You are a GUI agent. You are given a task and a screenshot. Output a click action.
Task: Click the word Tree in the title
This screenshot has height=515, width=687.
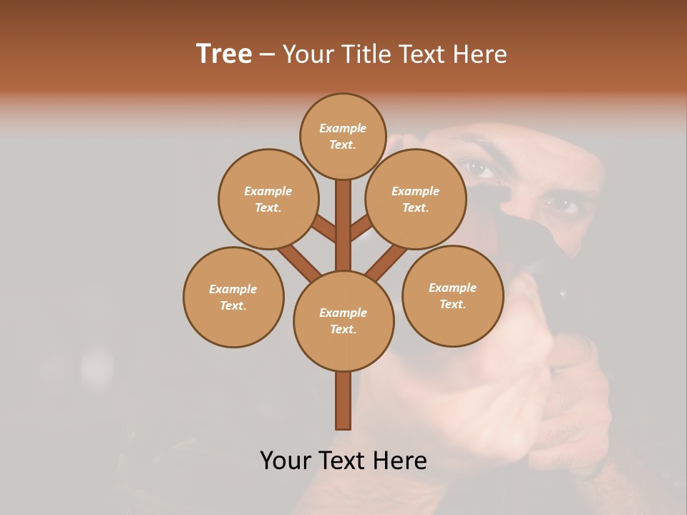pyautogui.click(x=224, y=54)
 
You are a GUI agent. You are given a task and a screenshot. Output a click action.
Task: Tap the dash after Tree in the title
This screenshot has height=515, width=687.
pyautogui.click(x=267, y=55)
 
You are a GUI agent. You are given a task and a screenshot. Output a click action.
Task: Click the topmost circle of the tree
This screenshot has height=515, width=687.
pyautogui.click(x=343, y=136)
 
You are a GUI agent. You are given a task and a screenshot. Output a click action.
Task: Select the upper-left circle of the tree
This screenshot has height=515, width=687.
pyautogui.click(x=268, y=199)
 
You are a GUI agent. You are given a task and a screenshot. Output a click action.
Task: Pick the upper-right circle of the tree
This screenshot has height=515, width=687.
pyautogui.click(x=415, y=199)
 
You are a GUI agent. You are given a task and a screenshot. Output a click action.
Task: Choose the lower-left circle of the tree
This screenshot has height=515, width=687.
pyautogui.click(x=233, y=297)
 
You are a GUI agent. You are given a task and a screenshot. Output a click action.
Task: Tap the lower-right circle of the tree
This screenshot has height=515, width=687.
pyautogui.click(x=452, y=295)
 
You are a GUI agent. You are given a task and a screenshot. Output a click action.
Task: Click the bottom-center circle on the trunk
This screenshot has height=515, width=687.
pyautogui.click(x=343, y=321)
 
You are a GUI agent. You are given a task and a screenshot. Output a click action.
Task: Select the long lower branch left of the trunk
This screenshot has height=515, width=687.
pyautogui.click(x=298, y=262)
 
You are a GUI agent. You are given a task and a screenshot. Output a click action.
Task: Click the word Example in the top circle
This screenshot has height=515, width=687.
pyautogui.click(x=343, y=128)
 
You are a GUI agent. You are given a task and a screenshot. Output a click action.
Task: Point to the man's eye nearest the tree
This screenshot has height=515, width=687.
pyautogui.click(x=479, y=170)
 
